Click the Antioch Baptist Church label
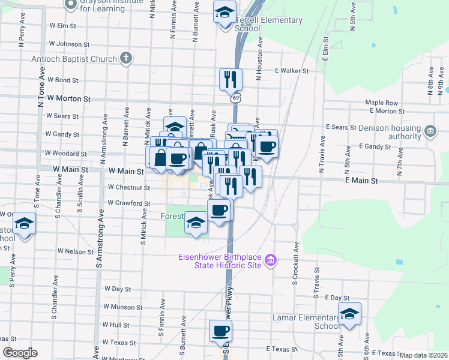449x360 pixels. pos(75,59)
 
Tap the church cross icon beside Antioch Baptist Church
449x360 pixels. pos(125,58)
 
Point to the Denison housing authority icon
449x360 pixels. pos(430,131)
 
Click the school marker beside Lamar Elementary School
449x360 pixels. pos(349,314)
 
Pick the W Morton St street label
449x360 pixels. pos(68,98)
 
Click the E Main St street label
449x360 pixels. pos(361,181)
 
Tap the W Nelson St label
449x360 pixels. pos(76,251)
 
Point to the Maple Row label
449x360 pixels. pos(382,103)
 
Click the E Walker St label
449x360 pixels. pos(292,71)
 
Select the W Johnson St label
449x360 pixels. pos(69,44)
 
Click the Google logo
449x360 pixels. pos(20,353)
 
